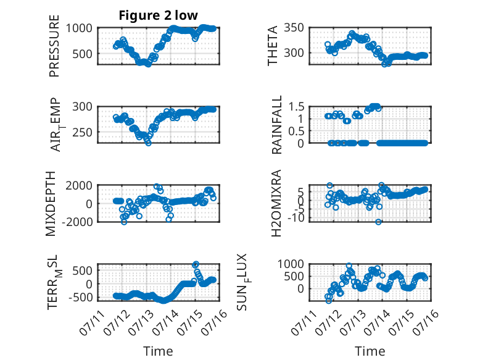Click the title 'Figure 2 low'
tap(159, 15)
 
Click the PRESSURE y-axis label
tap(54, 46)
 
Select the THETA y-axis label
tap(272, 46)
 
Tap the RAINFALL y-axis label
tap(276, 125)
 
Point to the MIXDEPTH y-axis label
tap(51, 204)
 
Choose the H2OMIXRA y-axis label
tap(276, 203)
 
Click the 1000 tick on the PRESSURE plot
tap(79, 28)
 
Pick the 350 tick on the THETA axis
tap(294, 28)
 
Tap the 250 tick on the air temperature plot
tap(82, 133)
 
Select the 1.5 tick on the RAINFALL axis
tap(296, 107)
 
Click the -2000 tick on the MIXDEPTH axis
tap(77, 222)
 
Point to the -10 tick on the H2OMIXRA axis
tap(296, 218)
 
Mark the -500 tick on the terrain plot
tap(80, 297)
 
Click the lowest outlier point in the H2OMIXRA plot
tap(379, 222)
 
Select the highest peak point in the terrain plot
tap(196, 264)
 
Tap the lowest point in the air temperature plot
tap(149, 143)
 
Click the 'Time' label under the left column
tap(159, 351)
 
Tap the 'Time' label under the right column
tap(370, 351)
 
